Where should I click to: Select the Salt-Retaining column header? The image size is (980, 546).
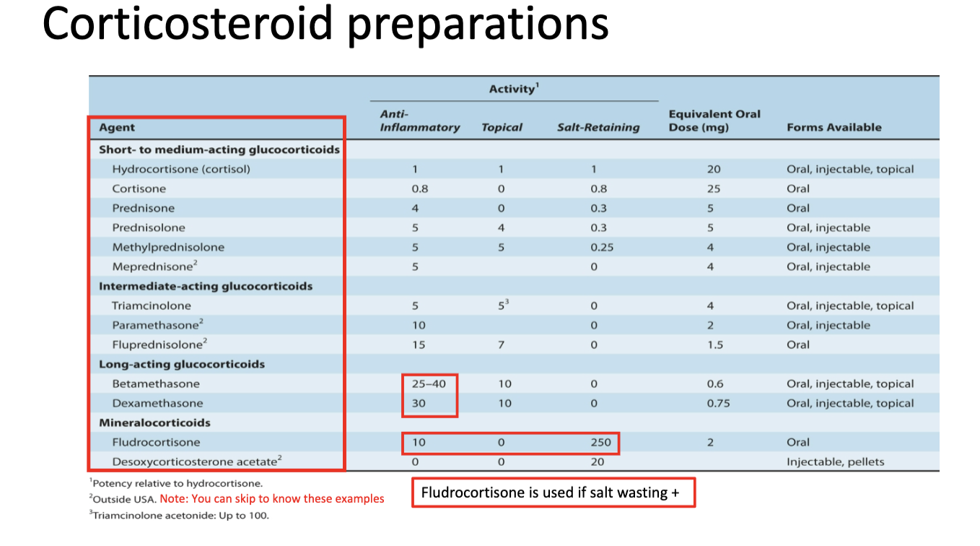coord(598,128)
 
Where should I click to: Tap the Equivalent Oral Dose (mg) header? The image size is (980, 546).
coord(714,121)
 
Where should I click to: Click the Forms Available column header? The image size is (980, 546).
coord(834,128)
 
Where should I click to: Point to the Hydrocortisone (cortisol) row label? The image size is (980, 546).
coord(181,169)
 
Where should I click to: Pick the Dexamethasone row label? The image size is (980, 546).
coord(157,403)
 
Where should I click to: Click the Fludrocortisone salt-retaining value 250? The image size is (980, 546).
coord(600,442)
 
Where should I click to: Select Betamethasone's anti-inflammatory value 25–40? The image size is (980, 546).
coord(429,383)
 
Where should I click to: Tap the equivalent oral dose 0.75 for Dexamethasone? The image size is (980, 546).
coord(718,403)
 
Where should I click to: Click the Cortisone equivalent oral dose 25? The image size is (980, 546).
coord(713,188)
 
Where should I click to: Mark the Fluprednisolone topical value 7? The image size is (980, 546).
coord(501,344)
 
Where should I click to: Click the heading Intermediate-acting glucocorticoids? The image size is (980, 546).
coord(206,286)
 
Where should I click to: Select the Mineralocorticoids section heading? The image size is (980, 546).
coord(154,422)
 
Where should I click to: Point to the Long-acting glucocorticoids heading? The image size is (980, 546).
coord(182,364)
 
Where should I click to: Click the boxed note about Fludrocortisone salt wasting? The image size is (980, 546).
coord(553,493)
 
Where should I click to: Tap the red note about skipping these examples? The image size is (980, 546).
coord(272,499)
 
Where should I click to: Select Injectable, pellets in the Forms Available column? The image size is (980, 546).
coord(835,461)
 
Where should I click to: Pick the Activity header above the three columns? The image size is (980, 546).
coord(514,89)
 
